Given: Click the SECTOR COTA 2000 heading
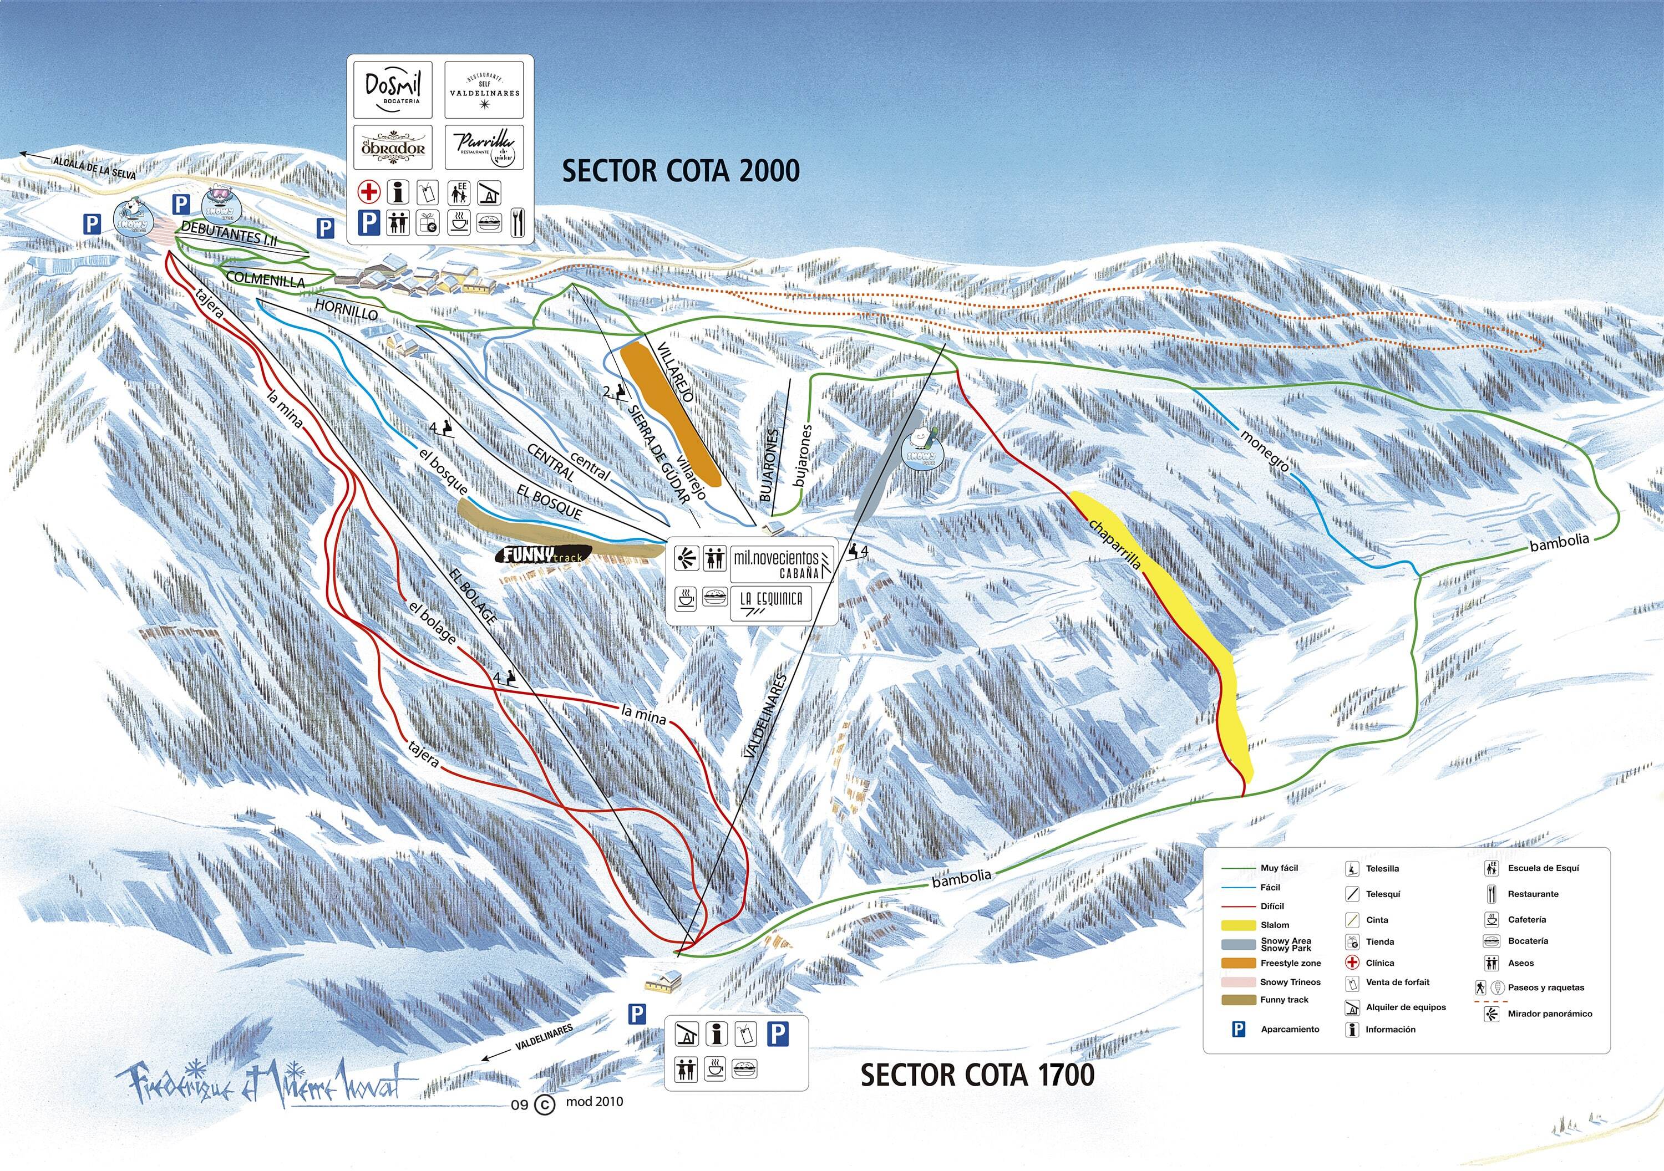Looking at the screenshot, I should (x=681, y=171).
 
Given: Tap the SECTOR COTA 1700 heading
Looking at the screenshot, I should (x=977, y=1075).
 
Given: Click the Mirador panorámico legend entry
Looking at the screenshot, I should (x=1550, y=1014).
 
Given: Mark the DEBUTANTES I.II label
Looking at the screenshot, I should (x=229, y=236).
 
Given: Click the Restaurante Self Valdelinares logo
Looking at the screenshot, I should (x=484, y=90).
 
